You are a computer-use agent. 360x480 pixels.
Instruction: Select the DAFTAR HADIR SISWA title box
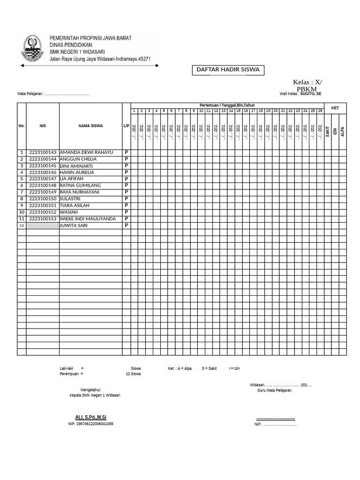pos(227,70)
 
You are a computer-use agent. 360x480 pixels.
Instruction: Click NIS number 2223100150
pos(43,199)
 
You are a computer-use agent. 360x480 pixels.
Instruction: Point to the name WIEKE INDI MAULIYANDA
pos(88,219)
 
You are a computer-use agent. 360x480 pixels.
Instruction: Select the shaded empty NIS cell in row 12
pos(43,225)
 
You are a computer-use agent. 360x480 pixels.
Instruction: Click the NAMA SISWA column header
pos(90,126)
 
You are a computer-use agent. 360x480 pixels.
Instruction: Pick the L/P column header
pos(126,126)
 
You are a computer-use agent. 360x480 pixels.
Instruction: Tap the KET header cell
pos(335,108)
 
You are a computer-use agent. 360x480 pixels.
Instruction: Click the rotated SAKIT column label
pos(328,131)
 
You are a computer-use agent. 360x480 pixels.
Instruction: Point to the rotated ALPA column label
pos(343,131)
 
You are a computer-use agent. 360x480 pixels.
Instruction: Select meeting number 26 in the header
pos(320,111)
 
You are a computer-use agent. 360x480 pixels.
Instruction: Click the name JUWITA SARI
pos(74,225)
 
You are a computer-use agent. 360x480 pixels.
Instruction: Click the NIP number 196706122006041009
pos(91,424)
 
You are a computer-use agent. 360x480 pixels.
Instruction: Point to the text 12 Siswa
pos(133,374)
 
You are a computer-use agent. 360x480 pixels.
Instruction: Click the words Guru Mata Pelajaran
pos(275,390)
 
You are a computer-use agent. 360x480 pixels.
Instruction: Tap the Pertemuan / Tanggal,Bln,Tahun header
pos(227,105)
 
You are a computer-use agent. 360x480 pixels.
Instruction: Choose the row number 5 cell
pos(22,179)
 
